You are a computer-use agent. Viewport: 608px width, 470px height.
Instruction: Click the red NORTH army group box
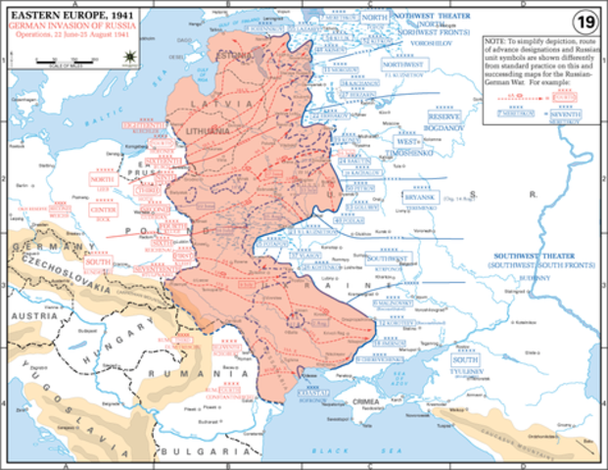tap(102, 179)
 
